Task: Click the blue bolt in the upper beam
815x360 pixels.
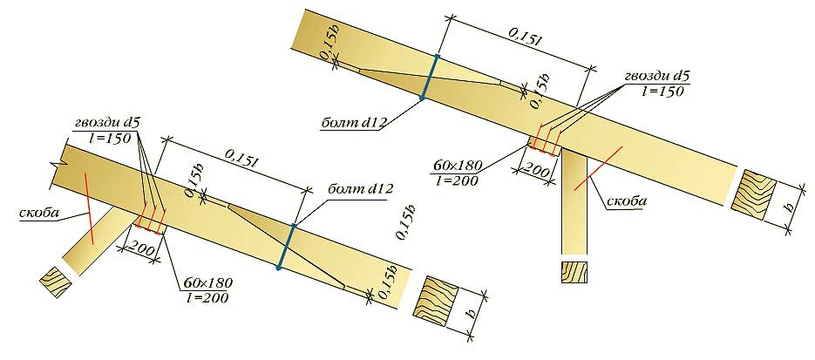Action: coord(430,77)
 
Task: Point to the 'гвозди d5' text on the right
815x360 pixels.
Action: coord(656,77)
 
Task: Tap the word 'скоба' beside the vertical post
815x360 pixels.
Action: coord(628,201)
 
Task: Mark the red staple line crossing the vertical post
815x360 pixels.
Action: coord(597,169)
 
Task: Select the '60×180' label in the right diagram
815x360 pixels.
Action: coord(458,166)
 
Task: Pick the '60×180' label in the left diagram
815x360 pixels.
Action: coord(207,283)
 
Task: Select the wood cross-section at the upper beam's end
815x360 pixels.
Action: coord(753,195)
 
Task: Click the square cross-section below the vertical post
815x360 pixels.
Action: coord(575,272)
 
